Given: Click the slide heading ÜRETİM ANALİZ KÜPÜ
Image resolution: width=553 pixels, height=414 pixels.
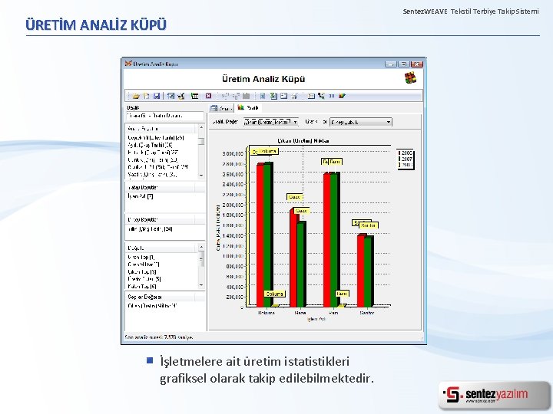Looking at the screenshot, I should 96,25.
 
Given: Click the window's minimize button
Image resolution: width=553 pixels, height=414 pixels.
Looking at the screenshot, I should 391,64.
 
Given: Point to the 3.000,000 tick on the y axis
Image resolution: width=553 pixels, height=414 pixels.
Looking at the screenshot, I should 233,154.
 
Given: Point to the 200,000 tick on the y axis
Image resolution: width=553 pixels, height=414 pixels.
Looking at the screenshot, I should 233,297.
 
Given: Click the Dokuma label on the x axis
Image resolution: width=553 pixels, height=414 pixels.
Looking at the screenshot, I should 266,312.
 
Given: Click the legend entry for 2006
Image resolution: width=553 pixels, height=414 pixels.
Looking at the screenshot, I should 406,153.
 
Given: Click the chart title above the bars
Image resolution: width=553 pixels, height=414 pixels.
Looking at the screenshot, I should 303,142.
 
